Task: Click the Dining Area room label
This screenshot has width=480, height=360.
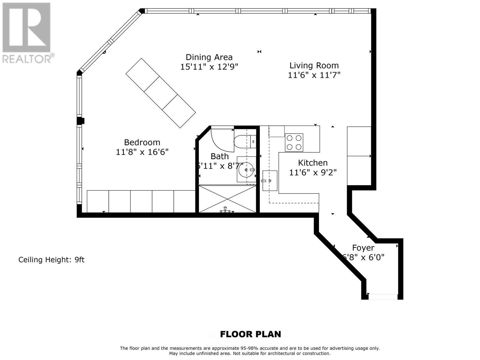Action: [x=209, y=57]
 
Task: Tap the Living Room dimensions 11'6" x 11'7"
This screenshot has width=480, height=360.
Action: [x=314, y=75]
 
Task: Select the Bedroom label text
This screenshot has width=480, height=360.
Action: [x=142, y=142]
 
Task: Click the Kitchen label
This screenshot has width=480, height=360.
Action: [x=313, y=163]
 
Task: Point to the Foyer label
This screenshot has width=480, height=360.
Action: [x=363, y=248]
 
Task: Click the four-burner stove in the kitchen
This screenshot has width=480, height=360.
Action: [x=294, y=142]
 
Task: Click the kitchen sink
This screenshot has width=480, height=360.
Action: [x=270, y=181]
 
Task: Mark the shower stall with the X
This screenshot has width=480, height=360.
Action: [x=227, y=199]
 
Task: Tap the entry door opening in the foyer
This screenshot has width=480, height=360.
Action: [x=383, y=297]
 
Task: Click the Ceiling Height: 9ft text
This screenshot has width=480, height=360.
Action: [x=51, y=260]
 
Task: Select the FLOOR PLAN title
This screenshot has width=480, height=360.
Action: [x=250, y=334]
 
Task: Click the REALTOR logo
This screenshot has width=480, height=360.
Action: [x=27, y=33]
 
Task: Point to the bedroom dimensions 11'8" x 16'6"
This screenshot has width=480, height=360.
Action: [x=142, y=152]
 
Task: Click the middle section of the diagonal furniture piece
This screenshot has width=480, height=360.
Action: [x=160, y=93]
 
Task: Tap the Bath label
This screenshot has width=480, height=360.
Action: [x=219, y=156]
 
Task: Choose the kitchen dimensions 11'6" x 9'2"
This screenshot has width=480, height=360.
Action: [x=313, y=172]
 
